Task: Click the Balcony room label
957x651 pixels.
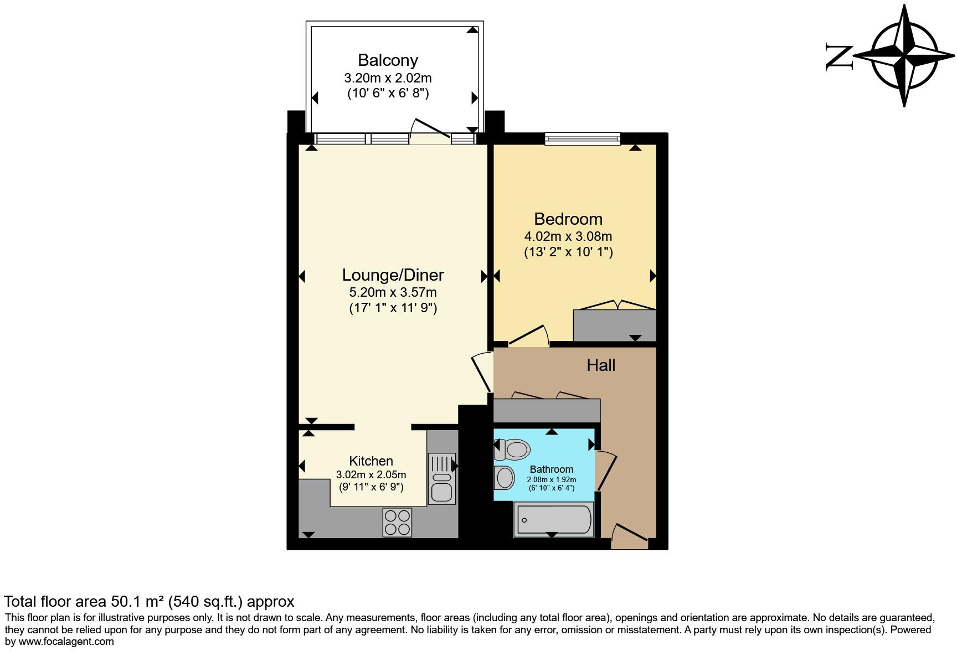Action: pos(388,60)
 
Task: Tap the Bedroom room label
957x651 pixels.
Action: pos(568,219)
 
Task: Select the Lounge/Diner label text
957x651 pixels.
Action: pos(393,275)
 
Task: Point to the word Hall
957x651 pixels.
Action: pos(601,365)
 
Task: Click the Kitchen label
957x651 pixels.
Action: pos(371,461)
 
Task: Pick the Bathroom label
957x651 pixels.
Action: pos(551,469)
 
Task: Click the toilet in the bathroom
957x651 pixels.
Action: pos(513,449)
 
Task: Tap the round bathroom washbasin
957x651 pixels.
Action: pos(504,477)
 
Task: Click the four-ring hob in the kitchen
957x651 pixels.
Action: pos(397,522)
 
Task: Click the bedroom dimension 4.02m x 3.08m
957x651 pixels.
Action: pos(568,236)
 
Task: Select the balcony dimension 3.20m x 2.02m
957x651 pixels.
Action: pos(388,78)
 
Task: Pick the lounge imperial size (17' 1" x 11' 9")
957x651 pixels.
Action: pos(393,308)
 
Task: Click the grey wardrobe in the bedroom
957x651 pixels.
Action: pos(614,325)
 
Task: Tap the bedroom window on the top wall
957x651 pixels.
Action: pos(582,138)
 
